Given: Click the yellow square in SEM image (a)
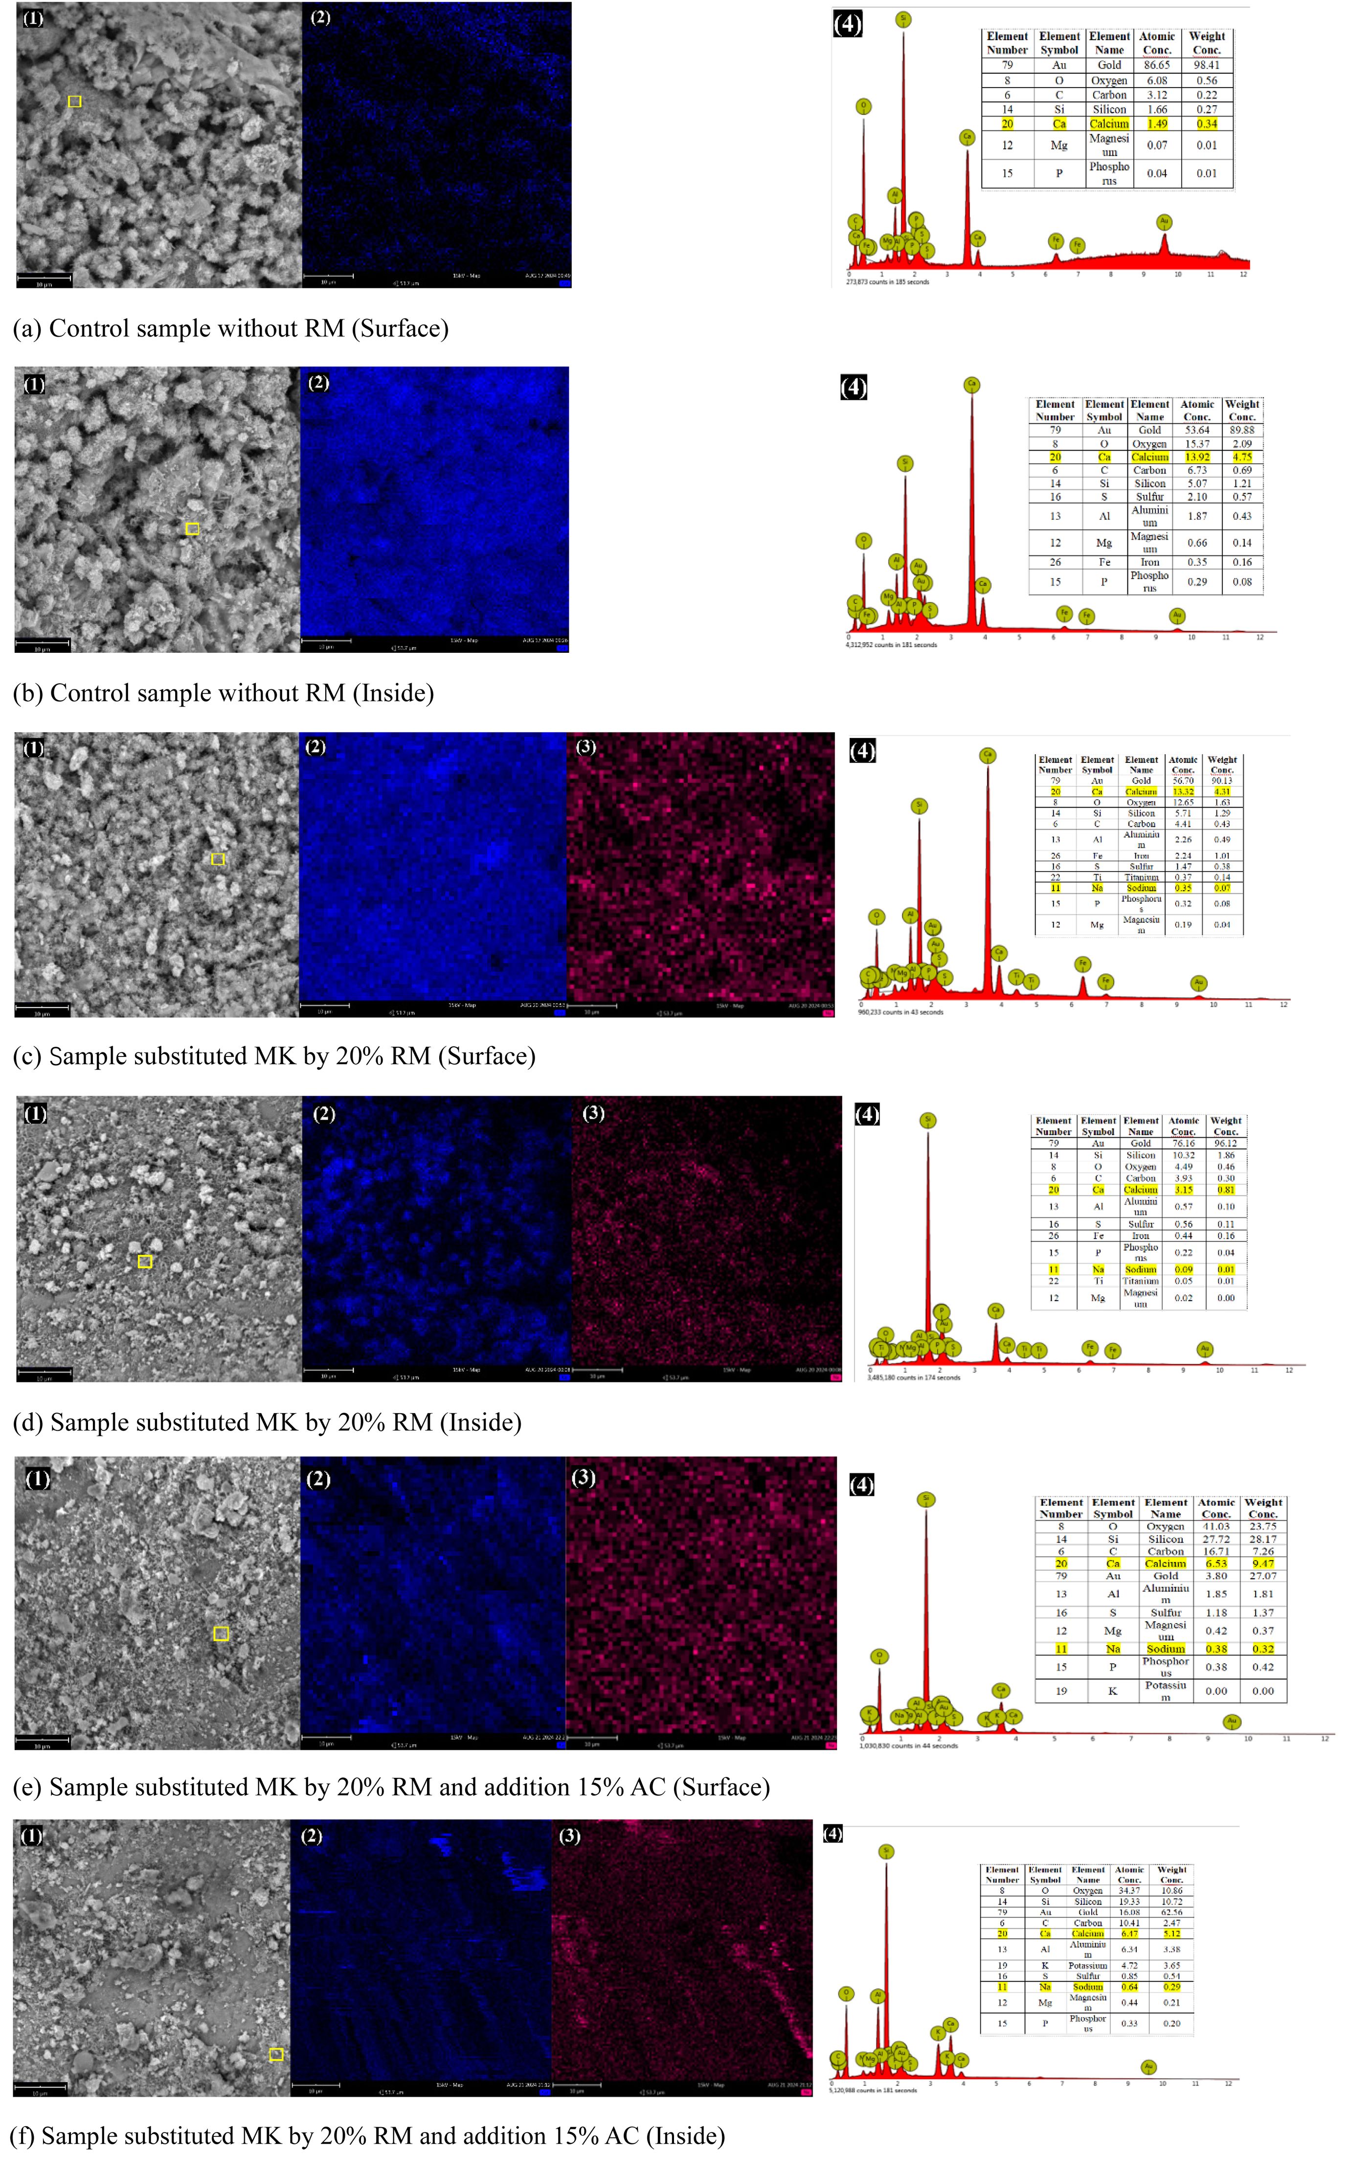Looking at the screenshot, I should (x=75, y=102).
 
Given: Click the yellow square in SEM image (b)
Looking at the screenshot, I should (x=192, y=529).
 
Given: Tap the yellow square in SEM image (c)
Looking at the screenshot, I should (x=218, y=859).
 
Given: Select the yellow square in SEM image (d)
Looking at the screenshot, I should (x=145, y=1261).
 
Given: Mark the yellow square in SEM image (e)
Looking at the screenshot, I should (x=221, y=1633).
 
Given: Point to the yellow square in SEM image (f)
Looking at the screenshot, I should (x=276, y=2054).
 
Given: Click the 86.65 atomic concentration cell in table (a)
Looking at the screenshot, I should (x=1156, y=65).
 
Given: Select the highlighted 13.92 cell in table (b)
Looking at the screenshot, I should (x=1196, y=457).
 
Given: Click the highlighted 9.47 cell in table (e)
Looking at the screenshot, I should (x=1262, y=1563).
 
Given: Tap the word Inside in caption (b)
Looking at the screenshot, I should (x=392, y=693).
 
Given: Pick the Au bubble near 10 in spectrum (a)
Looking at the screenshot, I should (x=1164, y=221).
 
